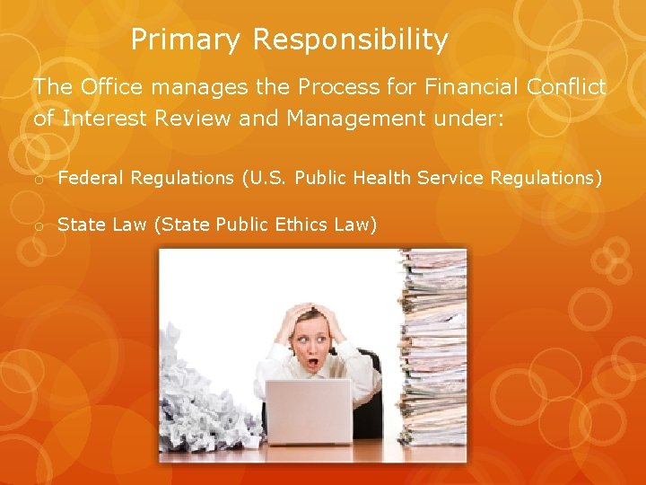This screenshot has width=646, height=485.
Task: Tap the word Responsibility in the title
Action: click(350, 40)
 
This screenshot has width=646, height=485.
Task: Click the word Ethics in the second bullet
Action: click(298, 225)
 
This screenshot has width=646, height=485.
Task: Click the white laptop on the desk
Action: click(308, 411)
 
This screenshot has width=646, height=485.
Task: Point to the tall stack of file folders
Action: click(433, 350)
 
